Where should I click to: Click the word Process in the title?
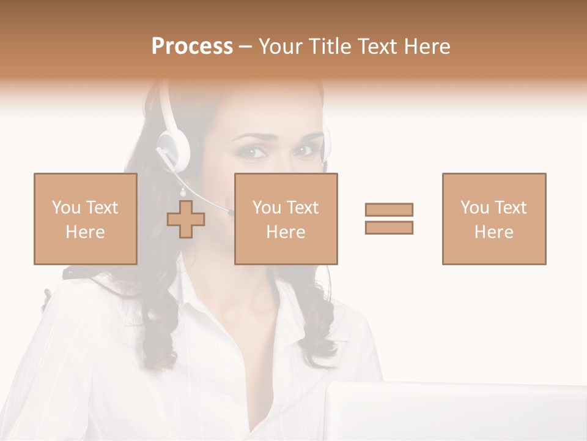click(x=192, y=47)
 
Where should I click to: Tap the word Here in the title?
click(x=427, y=47)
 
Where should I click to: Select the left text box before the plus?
click(x=85, y=219)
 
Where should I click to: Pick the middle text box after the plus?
click(x=286, y=219)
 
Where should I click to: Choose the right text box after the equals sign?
click(x=493, y=219)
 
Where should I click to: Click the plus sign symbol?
click(x=186, y=219)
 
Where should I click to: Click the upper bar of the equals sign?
click(x=389, y=209)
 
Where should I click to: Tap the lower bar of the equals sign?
click(x=389, y=228)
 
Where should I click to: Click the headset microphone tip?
click(x=230, y=213)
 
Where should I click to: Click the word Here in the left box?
click(x=85, y=232)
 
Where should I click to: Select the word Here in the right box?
click(x=493, y=232)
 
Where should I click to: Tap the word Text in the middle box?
click(x=303, y=208)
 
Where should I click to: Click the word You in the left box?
click(x=67, y=208)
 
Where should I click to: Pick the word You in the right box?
click(x=475, y=208)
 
